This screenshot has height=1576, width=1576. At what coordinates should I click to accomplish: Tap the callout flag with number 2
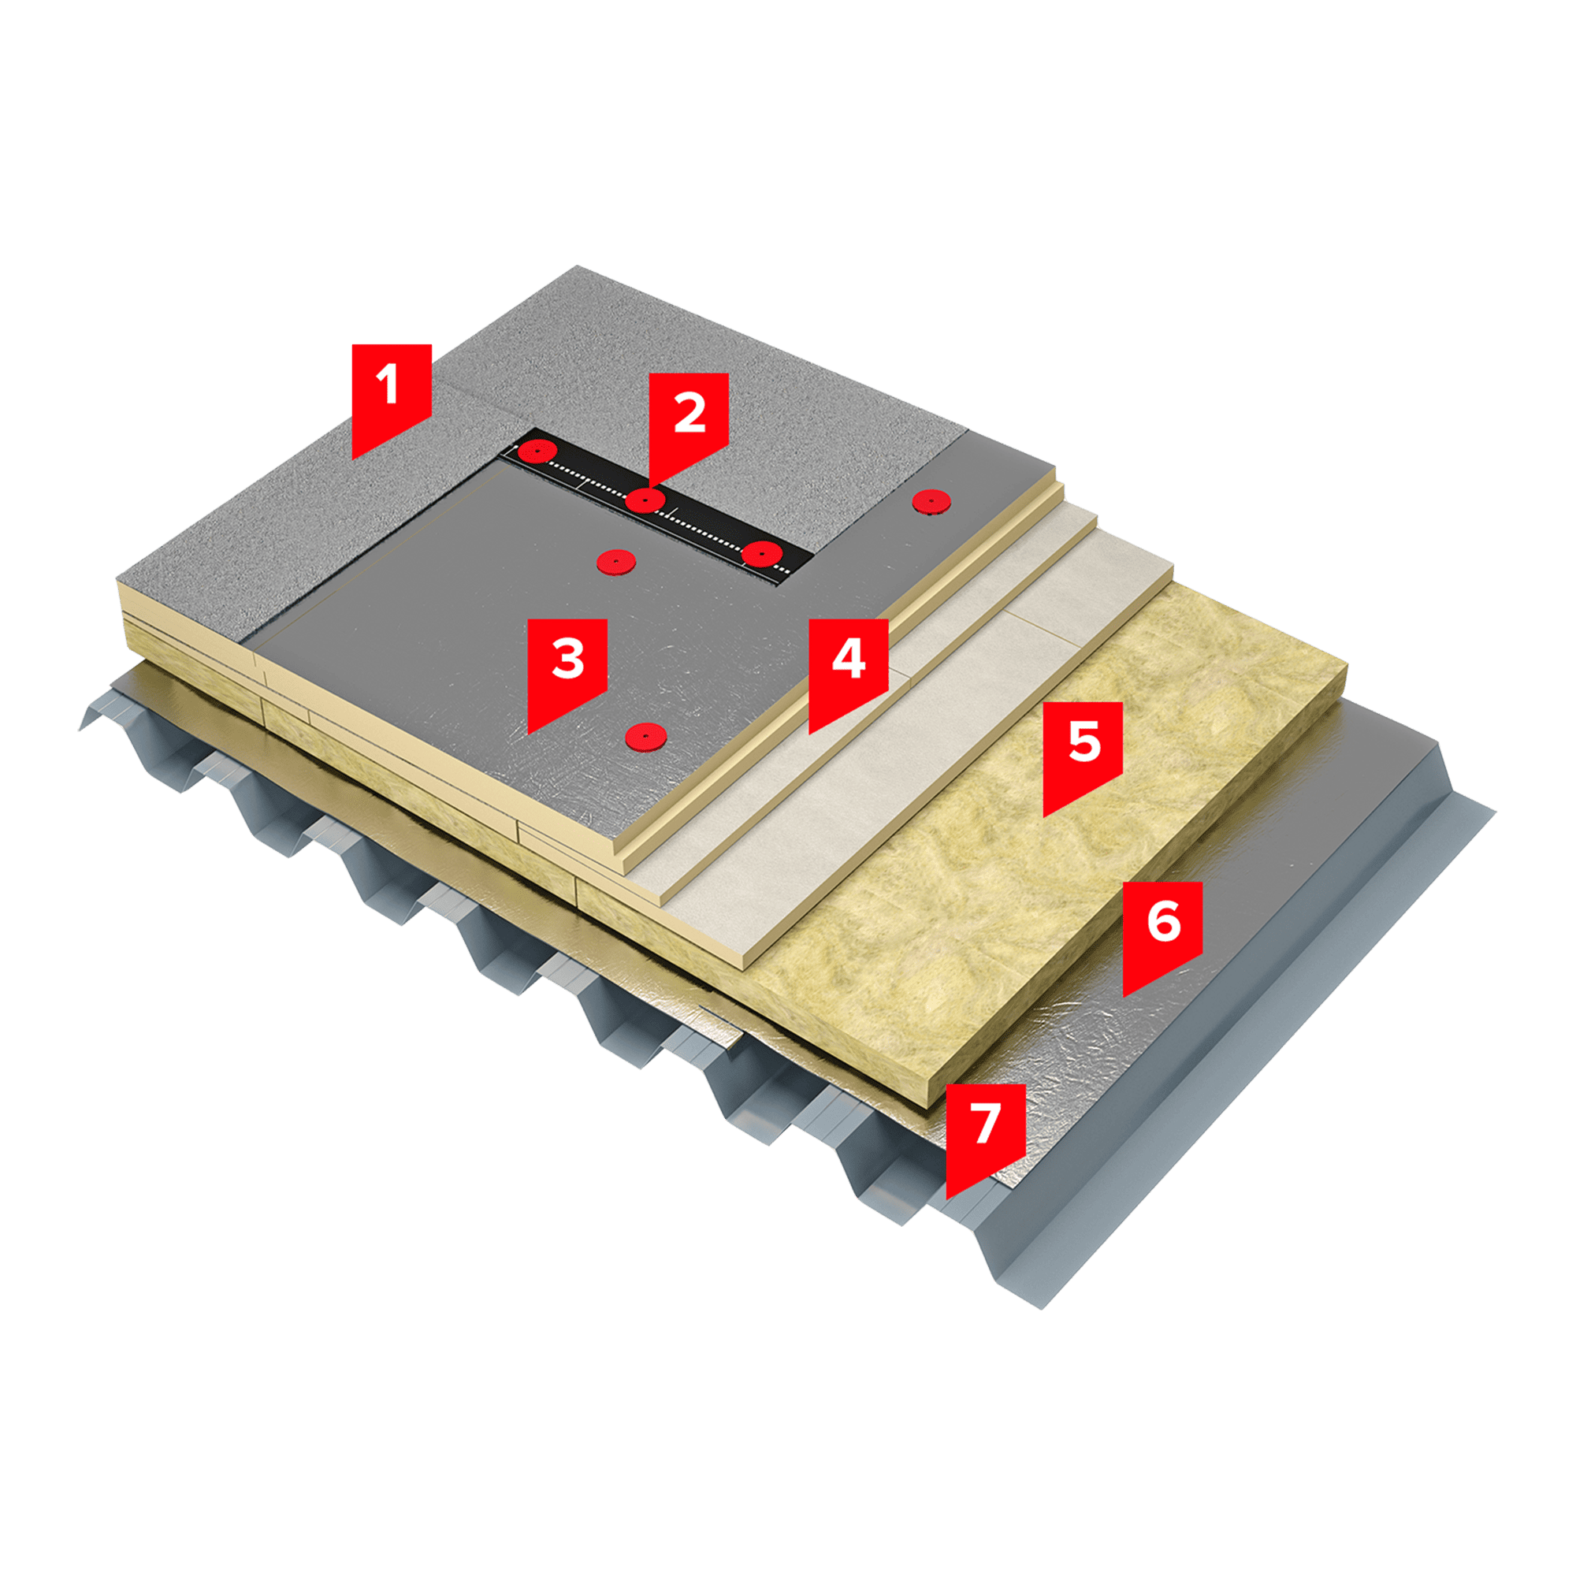coord(689,420)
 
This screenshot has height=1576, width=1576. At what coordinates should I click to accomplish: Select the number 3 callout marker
coord(567,667)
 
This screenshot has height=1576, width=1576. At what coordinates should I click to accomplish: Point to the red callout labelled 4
coord(849,667)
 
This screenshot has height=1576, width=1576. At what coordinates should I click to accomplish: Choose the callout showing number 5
coord(1083,749)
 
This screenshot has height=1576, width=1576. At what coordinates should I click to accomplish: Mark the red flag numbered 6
coord(1162,929)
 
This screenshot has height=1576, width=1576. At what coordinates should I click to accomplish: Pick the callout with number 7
coord(986,1132)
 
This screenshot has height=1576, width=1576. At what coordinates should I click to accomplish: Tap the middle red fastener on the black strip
coord(645,500)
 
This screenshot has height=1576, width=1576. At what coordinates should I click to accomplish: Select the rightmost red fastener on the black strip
coord(762,553)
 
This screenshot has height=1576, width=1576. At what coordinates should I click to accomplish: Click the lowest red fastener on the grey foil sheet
coord(645,737)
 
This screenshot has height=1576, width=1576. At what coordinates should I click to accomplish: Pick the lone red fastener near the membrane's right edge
coord(931,502)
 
